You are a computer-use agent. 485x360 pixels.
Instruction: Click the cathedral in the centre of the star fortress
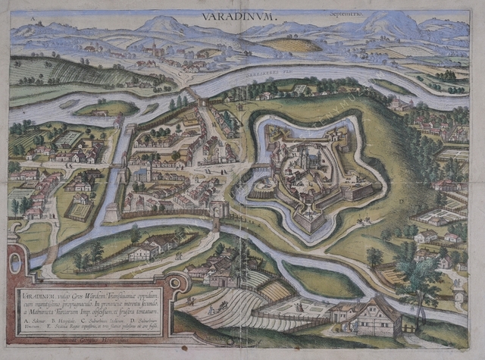(x=307, y=163)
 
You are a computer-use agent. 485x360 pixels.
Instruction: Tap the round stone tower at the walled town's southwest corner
(x=111, y=211)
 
